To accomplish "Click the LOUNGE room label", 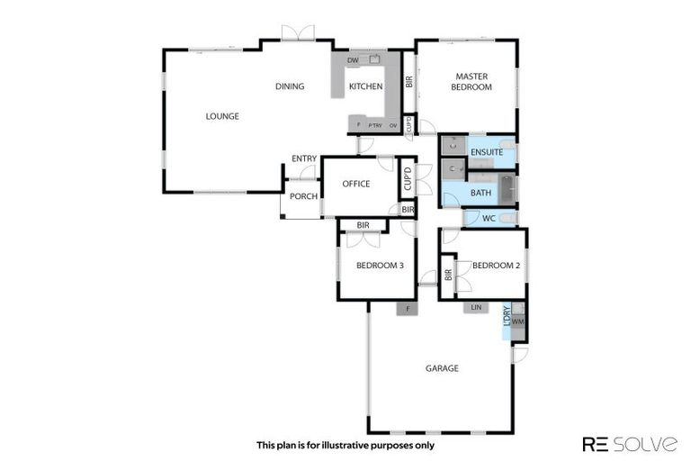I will click(222, 116).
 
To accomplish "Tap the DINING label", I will click(290, 86).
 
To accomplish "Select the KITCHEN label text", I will click(366, 86).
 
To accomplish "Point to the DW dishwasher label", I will click(353, 60).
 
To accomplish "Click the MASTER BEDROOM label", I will click(471, 82).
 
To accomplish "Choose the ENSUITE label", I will click(487, 152).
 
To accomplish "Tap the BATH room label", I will click(480, 192).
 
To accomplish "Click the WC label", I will click(489, 218).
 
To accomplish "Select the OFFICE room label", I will click(356, 184).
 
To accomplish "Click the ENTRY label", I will click(303, 159).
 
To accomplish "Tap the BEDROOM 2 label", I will click(497, 266).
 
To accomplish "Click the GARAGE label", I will click(442, 368).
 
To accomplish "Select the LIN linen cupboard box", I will click(477, 308).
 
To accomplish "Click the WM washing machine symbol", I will click(518, 321).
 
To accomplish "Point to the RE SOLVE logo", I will click(630, 444).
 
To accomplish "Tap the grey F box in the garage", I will click(408, 308).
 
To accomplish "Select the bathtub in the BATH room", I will click(506, 188).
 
